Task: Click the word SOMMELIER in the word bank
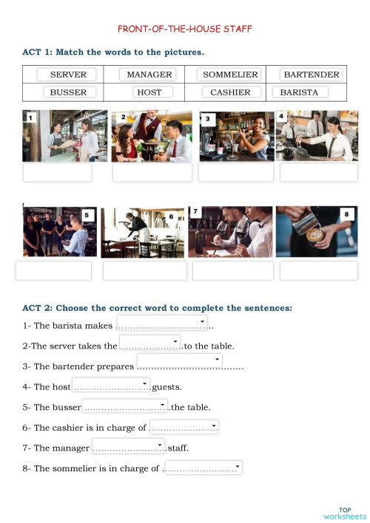[x=230, y=75]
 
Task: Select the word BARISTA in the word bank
[x=299, y=92]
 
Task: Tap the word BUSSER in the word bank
[x=68, y=92]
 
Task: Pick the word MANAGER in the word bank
[x=149, y=75]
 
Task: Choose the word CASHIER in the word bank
[x=230, y=92]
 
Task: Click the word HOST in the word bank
[x=149, y=92]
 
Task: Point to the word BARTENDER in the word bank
[x=311, y=75]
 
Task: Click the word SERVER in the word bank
[x=68, y=75]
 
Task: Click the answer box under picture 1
[x=57, y=172]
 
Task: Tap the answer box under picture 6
[x=144, y=271]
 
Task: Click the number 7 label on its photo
[x=195, y=212]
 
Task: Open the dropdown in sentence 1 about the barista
[x=162, y=323]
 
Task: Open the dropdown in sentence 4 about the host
[x=111, y=385]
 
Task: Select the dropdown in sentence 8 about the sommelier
[x=203, y=467]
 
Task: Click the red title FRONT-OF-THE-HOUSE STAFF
[x=185, y=29]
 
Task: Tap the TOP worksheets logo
[x=345, y=513]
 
